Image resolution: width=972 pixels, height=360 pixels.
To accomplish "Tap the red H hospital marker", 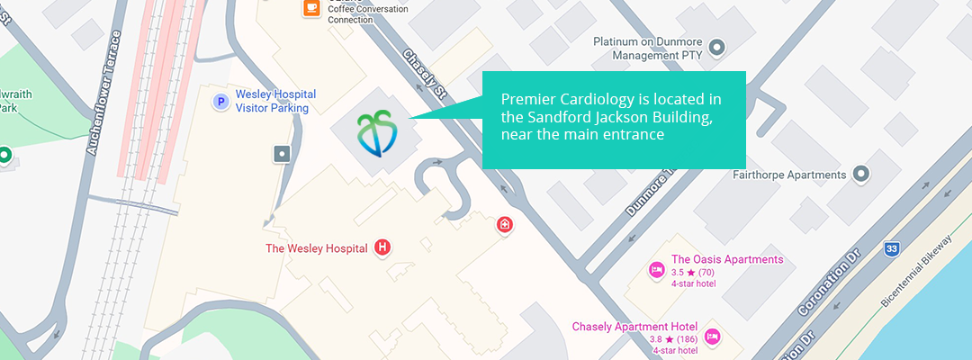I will (x=383, y=247).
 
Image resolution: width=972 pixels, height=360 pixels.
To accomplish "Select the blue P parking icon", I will (x=220, y=102).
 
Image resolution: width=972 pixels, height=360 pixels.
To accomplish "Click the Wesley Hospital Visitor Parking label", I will (x=272, y=101).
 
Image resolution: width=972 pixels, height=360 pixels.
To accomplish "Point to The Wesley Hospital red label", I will (x=316, y=248).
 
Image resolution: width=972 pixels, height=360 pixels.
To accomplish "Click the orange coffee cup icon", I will (x=311, y=7).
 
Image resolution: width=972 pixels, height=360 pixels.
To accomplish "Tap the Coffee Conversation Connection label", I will (x=368, y=14).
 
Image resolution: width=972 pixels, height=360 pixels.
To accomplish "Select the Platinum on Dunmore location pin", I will (x=717, y=47).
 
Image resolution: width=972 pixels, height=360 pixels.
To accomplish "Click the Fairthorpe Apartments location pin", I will (x=861, y=174).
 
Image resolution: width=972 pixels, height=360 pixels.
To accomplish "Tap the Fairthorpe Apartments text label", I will (x=789, y=175).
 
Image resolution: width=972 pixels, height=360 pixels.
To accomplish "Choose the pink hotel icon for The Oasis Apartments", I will (x=657, y=269).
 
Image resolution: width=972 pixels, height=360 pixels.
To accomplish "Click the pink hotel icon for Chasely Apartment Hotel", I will (x=712, y=336).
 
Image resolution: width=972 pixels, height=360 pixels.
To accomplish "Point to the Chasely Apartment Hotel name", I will (x=634, y=327).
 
